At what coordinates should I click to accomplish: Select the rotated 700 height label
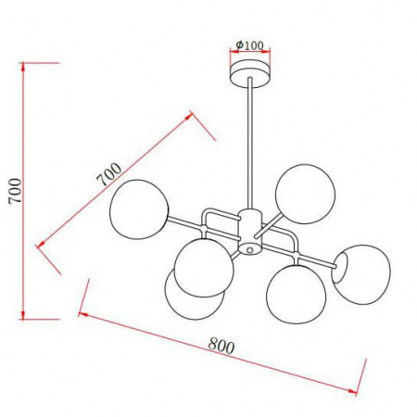click(13, 192)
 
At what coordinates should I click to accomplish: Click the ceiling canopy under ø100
click(250, 72)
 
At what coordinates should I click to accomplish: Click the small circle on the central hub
click(249, 249)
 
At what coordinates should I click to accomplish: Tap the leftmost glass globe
click(137, 208)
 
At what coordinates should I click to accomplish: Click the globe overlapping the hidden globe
click(203, 267)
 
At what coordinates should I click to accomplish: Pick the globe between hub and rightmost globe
click(294, 292)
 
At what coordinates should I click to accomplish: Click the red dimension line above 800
click(222, 357)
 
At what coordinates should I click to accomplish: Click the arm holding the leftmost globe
click(185, 223)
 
